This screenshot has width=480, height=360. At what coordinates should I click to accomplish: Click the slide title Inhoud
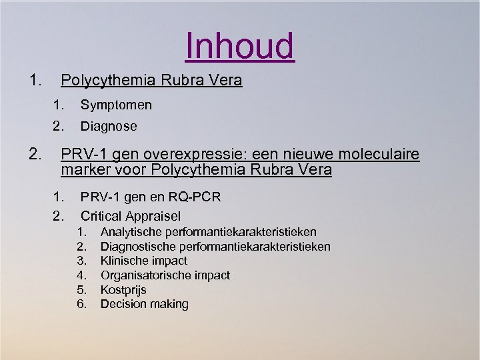point(240,46)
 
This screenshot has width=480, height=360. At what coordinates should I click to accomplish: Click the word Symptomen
point(116,105)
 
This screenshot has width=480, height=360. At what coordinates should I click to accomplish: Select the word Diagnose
point(109,126)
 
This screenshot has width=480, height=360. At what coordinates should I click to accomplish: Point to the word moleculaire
point(379,155)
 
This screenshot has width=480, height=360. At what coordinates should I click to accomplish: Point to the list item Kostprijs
point(123,290)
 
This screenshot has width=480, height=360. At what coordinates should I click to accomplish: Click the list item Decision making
point(144,304)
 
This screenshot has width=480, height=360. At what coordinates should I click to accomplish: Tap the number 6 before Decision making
point(81,304)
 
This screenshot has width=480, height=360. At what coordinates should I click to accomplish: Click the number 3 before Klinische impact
point(81,261)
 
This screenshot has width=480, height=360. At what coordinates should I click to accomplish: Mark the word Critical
point(101,216)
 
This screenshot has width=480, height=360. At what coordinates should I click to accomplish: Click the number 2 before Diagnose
point(58,126)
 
